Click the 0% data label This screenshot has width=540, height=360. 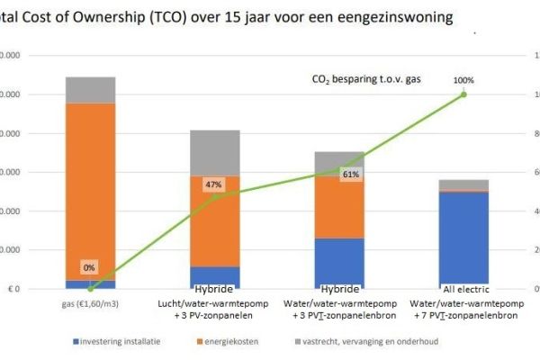pos(89,268)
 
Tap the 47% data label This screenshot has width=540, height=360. pos(213,184)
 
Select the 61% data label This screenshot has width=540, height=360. pos(351,175)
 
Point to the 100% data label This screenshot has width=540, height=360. pos(463,80)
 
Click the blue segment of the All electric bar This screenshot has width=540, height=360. pos(463,239)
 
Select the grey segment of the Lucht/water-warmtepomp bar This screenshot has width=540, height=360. pos(214,152)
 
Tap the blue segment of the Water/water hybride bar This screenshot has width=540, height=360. pos(338,263)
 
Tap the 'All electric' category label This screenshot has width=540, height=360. pos(463,290)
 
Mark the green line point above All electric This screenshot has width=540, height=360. pos(463,94)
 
